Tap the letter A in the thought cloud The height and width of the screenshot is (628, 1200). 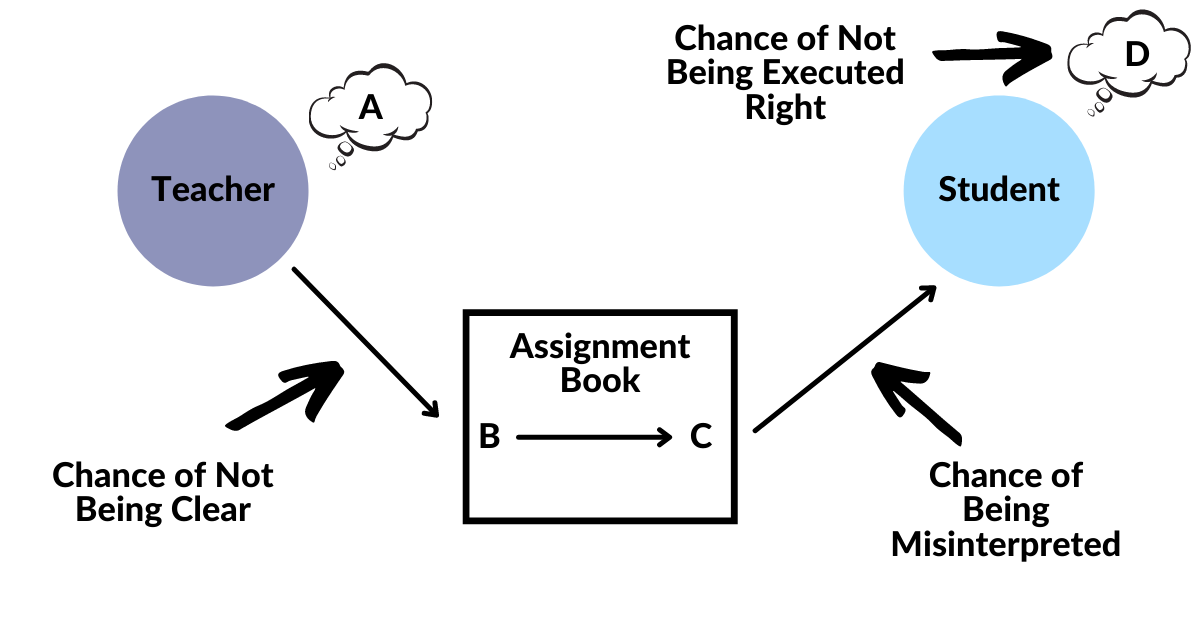pyautogui.click(x=371, y=107)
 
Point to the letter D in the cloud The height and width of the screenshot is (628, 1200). pyautogui.click(x=1137, y=56)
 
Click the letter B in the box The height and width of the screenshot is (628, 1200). pyautogui.click(x=489, y=437)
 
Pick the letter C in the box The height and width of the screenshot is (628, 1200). pyautogui.click(x=701, y=437)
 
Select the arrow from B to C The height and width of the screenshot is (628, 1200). pyautogui.click(x=595, y=437)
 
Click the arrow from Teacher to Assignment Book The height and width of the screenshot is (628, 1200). pyautogui.click(x=366, y=341)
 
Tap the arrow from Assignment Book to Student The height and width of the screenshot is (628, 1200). pyautogui.click(x=845, y=358)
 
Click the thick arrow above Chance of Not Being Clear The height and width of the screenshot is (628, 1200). pyautogui.click(x=289, y=395)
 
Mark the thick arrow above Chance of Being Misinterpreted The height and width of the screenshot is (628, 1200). pyautogui.click(x=915, y=405)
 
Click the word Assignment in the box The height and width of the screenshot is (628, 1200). pyautogui.click(x=600, y=347)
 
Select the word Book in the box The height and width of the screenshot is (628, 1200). pyautogui.click(x=600, y=380)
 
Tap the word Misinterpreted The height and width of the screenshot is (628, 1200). pyautogui.click(x=1005, y=544)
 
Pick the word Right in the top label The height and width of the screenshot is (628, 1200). pyautogui.click(x=786, y=106)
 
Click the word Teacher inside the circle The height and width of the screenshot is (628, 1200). pyautogui.click(x=213, y=189)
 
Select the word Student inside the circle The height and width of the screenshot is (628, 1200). pyautogui.click(x=999, y=189)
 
